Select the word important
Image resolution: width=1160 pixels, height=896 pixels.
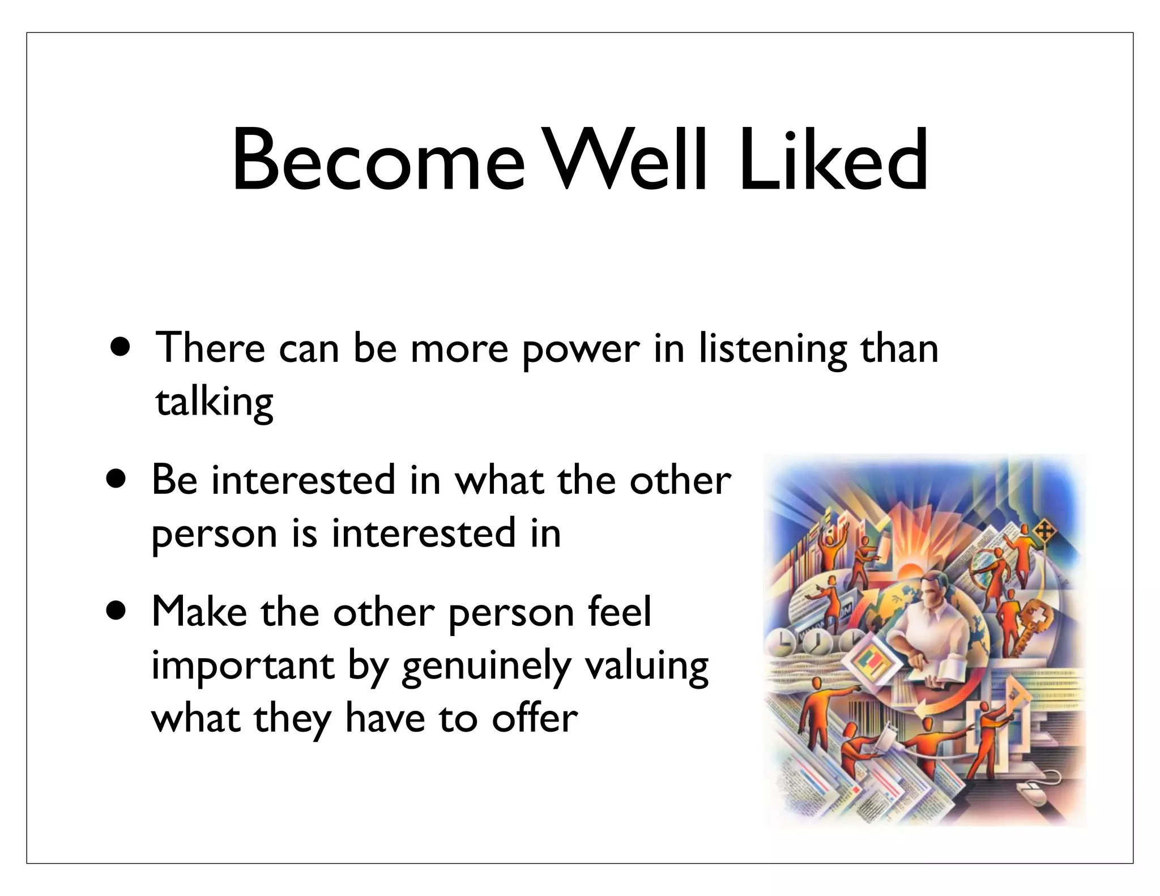click(x=242, y=666)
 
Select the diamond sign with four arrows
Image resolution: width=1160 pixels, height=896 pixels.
click(x=1044, y=531)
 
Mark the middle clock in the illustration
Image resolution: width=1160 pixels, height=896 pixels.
click(x=817, y=643)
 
